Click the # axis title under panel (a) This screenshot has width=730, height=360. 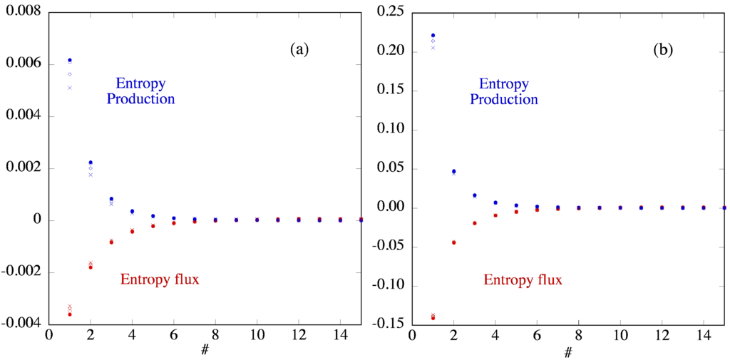click(x=205, y=351)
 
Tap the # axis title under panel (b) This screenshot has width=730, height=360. click(x=568, y=352)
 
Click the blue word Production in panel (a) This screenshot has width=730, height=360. click(x=140, y=99)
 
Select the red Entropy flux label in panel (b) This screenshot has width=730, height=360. click(x=523, y=280)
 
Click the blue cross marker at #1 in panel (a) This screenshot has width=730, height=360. click(x=70, y=88)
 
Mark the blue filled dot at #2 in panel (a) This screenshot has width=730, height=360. click(x=91, y=163)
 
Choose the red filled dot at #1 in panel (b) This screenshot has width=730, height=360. click(x=433, y=318)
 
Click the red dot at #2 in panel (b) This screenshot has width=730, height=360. click(x=453, y=242)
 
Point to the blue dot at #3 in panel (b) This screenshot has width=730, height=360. click(x=475, y=195)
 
